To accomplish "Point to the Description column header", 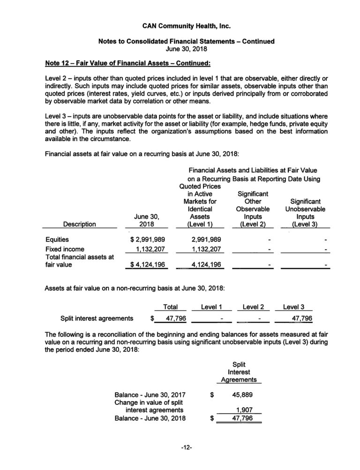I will click(80, 224).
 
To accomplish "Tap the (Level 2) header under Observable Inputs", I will click(253, 224).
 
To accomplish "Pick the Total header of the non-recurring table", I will click(170, 307).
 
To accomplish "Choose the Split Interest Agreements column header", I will click(240, 372).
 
